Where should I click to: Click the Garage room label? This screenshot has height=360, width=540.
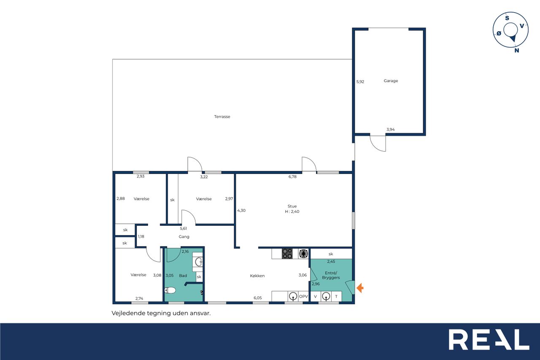click(391, 81)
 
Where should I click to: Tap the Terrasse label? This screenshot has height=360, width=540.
click(222, 117)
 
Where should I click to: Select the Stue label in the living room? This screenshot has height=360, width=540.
click(292, 206)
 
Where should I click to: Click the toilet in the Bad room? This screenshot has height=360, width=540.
click(170, 290)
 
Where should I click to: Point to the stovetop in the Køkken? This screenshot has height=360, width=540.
click(287, 254)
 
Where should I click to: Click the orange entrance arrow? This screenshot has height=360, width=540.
click(360, 288)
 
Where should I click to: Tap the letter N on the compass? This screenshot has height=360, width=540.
click(517, 50)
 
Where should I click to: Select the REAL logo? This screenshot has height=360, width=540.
click(489, 339)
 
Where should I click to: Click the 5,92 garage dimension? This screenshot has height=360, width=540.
click(360, 82)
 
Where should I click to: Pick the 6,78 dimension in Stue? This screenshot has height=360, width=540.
click(292, 177)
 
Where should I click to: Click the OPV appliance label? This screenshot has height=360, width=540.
click(303, 296)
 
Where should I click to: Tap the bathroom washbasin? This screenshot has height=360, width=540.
click(199, 262)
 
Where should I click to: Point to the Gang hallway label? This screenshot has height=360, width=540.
click(184, 237)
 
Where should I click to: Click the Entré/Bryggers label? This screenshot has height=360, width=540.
click(331, 275)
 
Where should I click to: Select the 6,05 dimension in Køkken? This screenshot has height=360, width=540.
click(258, 298)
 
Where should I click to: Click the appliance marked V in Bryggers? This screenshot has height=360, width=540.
click(315, 297)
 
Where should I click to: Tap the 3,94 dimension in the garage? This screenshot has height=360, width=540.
click(391, 130)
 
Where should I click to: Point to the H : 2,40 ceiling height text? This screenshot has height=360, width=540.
click(292, 211)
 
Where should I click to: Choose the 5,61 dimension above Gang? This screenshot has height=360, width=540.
click(184, 228)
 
